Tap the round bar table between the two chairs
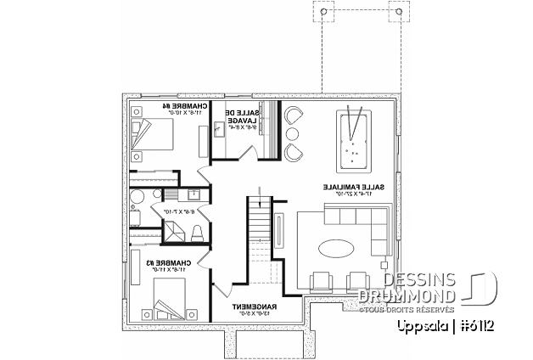293,134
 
